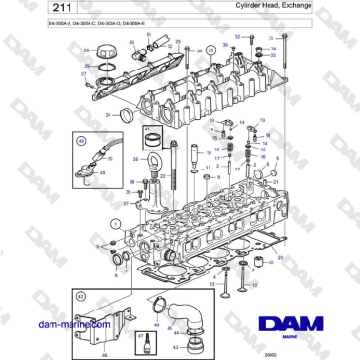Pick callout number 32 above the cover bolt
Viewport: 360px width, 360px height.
(236, 36)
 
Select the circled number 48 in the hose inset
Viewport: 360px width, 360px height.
(80, 141)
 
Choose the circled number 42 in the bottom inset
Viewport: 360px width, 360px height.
(81, 297)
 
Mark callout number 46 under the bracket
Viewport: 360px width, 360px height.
(104, 352)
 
